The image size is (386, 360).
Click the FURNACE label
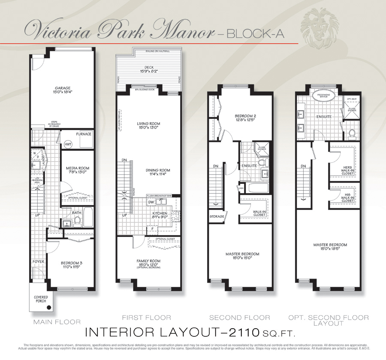click(84, 134)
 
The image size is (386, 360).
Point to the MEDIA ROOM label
click(77, 168)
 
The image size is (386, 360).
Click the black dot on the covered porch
click(49, 307)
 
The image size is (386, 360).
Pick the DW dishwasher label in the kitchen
click(151, 202)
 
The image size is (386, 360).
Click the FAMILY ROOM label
click(148, 261)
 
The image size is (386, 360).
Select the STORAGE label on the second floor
click(217, 217)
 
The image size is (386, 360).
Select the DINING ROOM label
click(154, 170)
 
